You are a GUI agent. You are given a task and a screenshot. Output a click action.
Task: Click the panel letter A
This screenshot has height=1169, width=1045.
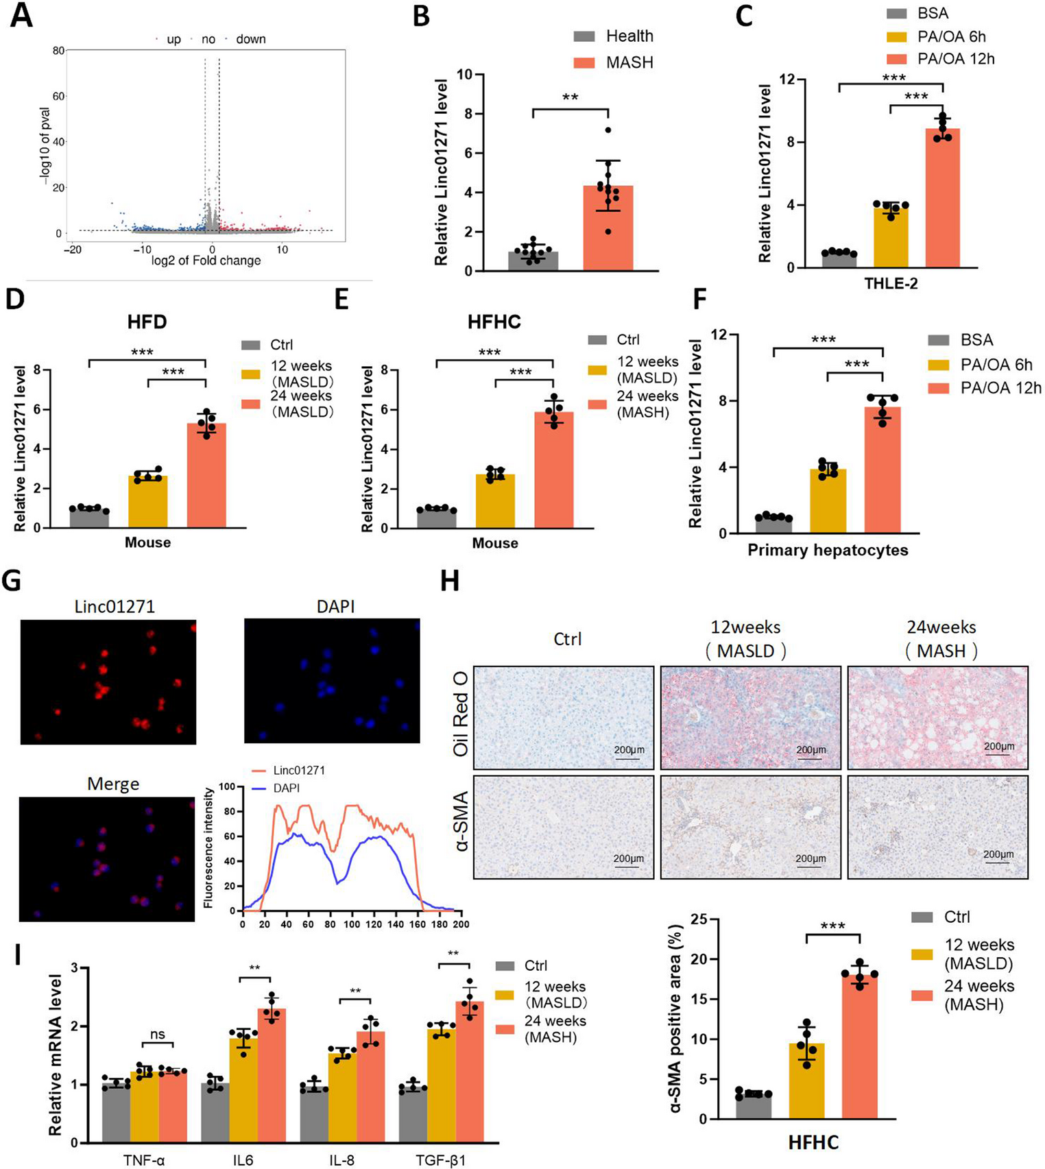(x=21, y=15)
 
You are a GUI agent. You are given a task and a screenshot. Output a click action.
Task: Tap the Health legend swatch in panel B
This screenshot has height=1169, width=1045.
(x=586, y=36)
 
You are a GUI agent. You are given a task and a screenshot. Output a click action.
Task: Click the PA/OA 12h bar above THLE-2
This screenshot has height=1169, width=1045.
(x=942, y=198)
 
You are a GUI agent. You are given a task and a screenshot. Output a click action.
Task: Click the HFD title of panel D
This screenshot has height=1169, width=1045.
(x=147, y=322)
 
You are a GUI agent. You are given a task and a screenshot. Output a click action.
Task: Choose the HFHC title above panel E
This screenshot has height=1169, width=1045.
(x=494, y=322)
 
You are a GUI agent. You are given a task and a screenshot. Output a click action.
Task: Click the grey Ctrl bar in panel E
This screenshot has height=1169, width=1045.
(x=436, y=518)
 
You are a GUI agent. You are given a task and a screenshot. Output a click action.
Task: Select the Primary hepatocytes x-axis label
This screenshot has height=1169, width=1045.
(x=828, y=550)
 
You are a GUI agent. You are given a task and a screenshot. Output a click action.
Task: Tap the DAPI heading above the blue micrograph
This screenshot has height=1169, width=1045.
(x=335, y=606)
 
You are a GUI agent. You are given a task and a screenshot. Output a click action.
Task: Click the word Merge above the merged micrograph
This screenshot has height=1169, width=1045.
(x=113, y=784)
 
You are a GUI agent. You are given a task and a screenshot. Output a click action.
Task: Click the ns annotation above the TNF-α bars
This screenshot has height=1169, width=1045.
(x=157, y=1035)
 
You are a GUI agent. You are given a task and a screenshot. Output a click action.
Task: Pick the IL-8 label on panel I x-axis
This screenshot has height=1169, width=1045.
(x=341, y=1160)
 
